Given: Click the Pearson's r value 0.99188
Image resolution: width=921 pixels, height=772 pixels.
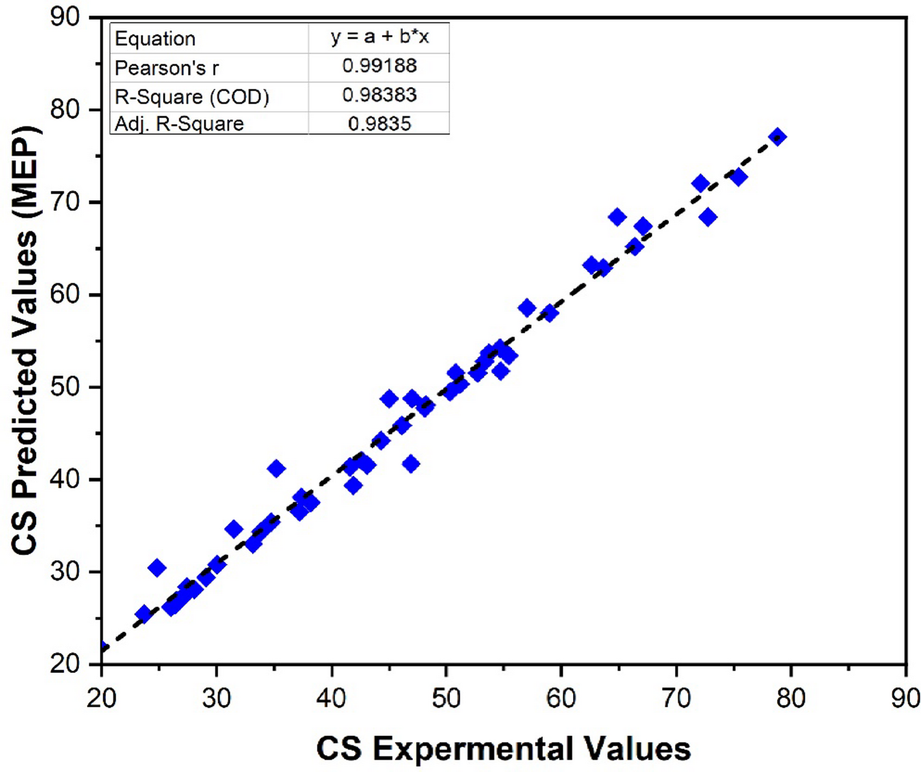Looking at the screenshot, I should (379, 66).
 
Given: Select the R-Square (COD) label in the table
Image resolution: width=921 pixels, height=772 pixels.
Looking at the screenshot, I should (192, 97).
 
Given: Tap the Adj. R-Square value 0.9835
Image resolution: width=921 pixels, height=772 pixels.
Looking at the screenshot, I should (379, 123).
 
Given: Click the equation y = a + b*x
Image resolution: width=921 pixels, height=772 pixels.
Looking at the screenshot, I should (379, 37).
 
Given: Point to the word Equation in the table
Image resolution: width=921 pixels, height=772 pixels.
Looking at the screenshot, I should (155, 39).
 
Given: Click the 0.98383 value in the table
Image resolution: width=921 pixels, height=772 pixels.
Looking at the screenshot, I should (379, 95).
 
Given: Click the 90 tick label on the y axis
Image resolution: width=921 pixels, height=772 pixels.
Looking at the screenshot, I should (65, 17).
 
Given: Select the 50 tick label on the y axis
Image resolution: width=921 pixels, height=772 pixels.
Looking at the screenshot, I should (65, 387).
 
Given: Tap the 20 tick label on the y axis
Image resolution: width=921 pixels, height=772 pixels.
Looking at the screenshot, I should (65, 663).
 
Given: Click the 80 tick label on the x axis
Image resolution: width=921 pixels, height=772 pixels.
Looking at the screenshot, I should (790, 698).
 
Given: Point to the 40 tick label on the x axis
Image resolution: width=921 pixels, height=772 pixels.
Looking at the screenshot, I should (331, 698).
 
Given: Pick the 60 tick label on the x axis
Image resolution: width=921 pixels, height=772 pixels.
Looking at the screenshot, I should (561, 698).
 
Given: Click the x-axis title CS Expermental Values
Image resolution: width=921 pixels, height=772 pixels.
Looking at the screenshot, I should (504, 748).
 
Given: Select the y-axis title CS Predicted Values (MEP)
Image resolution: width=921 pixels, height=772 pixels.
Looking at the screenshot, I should (26, 340).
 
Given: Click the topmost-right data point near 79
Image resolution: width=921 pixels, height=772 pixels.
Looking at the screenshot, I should (778, 137).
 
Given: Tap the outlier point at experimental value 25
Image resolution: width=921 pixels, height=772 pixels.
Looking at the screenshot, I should (157, 568).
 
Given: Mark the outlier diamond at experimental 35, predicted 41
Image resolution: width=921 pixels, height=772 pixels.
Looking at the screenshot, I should (276, 469).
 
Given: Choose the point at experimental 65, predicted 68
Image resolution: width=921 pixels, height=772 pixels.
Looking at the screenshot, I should (617, 217).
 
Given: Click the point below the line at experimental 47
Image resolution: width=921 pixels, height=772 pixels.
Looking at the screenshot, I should (411, 464).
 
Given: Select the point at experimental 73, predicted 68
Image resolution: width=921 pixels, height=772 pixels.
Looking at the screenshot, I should (708, 218).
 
